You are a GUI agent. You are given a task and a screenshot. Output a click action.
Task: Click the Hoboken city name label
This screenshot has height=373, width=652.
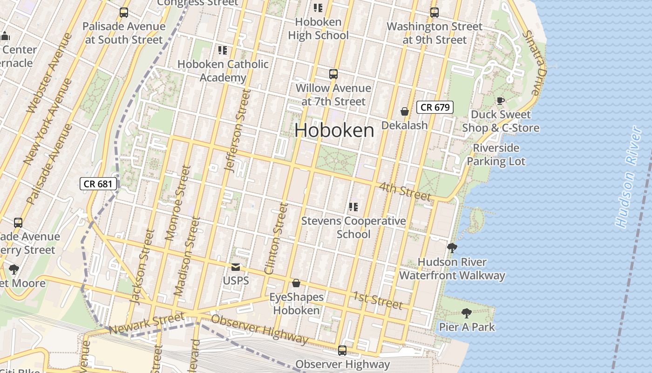click(334, 130)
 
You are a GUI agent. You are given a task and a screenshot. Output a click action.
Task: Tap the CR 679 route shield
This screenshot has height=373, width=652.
click(435, 107)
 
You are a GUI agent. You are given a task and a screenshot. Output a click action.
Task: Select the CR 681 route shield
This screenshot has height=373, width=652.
click(98, 184)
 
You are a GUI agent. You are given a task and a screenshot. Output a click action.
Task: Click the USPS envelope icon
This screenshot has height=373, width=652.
click(236, 267)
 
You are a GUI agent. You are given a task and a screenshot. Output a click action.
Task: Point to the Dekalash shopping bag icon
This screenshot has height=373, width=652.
click(405, 111)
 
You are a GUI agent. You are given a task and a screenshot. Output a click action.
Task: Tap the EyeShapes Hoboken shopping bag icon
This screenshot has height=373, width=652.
click(296, 283)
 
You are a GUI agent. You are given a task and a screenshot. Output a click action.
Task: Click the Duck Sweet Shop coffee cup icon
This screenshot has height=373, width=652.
click(500, 101)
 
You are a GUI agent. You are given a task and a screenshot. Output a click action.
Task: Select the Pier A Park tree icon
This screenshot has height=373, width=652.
click(466, 313)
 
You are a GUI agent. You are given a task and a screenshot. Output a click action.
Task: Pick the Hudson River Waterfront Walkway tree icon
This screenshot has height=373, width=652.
click(452, 248)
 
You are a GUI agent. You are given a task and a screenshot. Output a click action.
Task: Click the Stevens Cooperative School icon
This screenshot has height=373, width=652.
click(353, 207)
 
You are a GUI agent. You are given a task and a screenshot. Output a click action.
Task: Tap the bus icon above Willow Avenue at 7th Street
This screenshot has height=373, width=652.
click(333, 74)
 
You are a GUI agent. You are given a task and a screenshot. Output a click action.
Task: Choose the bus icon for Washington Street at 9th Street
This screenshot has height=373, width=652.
click(435, 13)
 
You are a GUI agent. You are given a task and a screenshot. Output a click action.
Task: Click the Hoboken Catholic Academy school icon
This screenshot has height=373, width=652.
click(223, 50)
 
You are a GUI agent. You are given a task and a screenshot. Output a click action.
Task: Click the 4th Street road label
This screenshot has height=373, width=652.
click(404, 192)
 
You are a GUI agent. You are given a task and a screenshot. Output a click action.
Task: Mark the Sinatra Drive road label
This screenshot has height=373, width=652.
click(533, 62)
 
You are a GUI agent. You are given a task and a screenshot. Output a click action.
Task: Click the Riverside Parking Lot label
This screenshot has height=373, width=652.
click(496, 155)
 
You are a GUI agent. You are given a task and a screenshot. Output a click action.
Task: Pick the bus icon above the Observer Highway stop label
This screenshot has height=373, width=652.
click(342, 350)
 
